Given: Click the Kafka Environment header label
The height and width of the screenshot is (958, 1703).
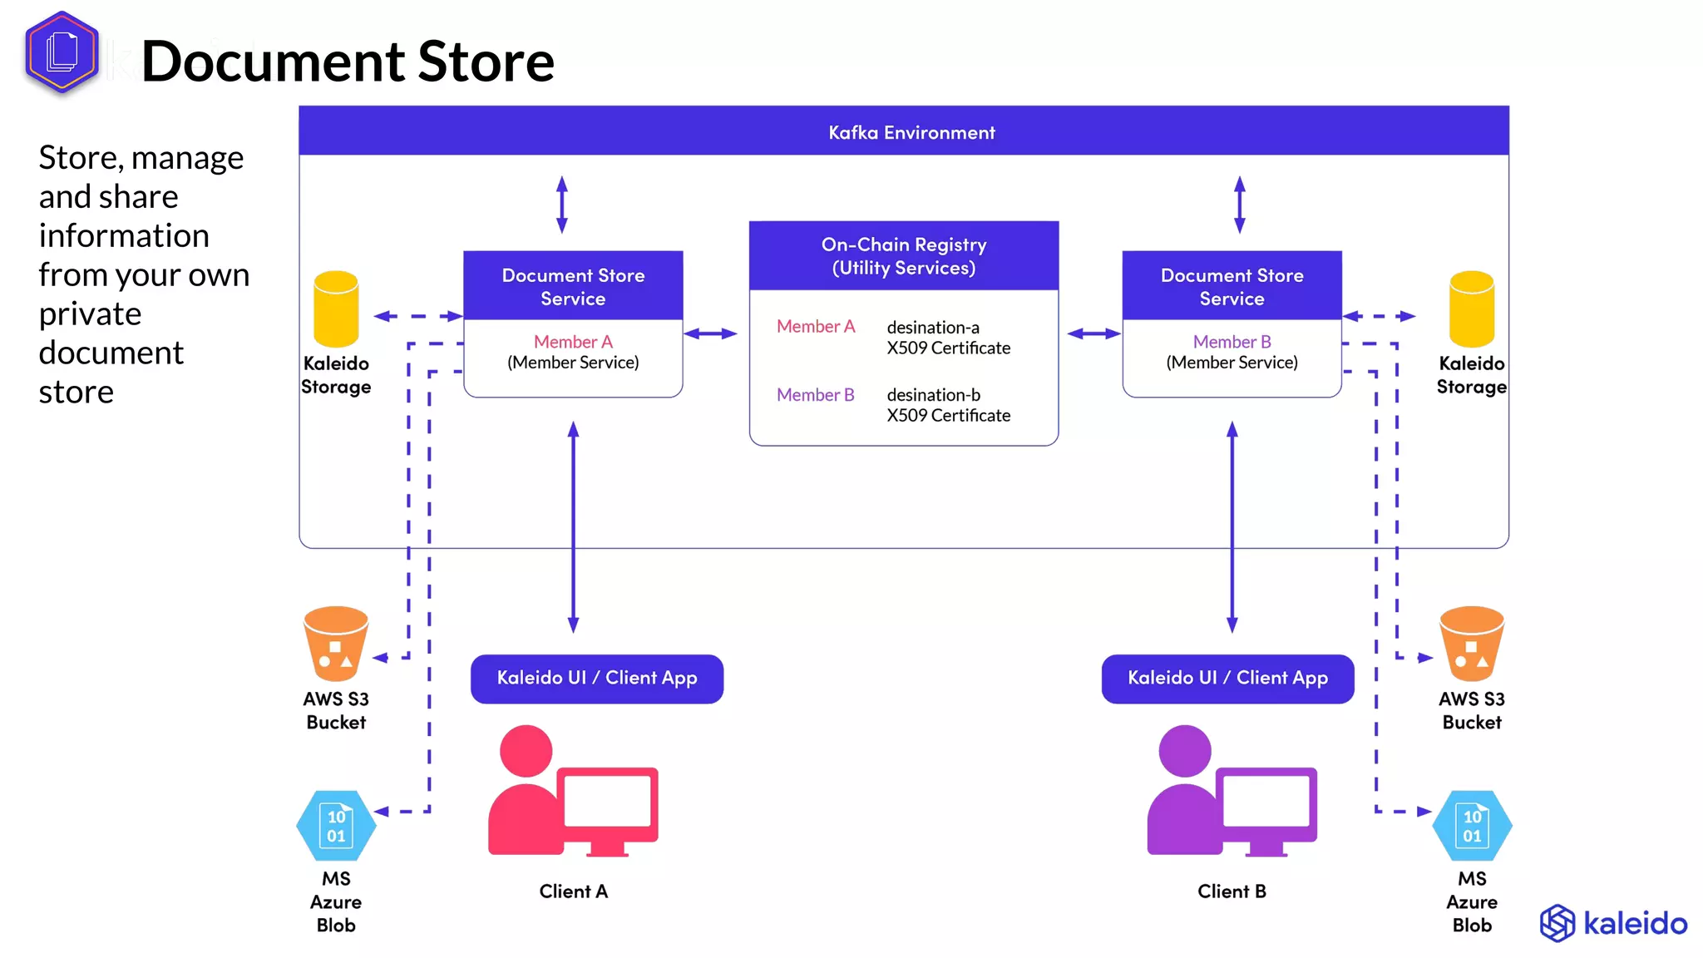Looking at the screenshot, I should click(911, 132).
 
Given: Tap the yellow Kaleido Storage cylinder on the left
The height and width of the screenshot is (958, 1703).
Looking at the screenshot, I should click(336, 309).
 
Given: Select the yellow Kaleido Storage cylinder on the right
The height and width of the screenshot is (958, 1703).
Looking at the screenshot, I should click(1471, 309).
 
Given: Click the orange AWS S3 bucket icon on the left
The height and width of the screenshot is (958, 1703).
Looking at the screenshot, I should click(336, 643).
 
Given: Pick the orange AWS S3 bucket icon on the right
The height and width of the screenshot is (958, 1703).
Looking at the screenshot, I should click(1471, 643).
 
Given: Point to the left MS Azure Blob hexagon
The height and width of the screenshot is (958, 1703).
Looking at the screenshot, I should click(336, 826).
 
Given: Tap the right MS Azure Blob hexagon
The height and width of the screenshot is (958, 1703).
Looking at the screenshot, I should click(1471, 826).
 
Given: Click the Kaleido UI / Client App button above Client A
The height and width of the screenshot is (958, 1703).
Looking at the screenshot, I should click(596, 679).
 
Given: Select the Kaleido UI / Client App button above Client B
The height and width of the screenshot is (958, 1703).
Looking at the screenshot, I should click(1227, 679).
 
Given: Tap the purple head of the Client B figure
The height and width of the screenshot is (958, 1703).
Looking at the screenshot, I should click(1184, 750).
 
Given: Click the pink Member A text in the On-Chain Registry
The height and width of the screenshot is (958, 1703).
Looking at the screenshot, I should click(815, 327).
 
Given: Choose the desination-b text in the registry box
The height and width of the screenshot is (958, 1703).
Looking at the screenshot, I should click(933, 395).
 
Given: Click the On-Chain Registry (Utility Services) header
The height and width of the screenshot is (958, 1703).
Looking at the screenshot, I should click(903, 256).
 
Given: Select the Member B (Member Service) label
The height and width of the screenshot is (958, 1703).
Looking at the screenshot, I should click(1232, 352).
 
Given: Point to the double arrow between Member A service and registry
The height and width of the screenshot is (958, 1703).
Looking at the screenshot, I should click(710, 333).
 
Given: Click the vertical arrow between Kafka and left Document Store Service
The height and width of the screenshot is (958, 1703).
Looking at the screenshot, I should click(562, 205).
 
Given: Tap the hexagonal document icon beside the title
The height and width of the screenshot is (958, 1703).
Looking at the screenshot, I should click(62, 52).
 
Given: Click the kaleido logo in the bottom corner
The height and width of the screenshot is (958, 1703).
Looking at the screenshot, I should click(1613, 923).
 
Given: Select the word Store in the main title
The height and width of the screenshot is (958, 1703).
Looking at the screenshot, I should click(486, 62).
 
